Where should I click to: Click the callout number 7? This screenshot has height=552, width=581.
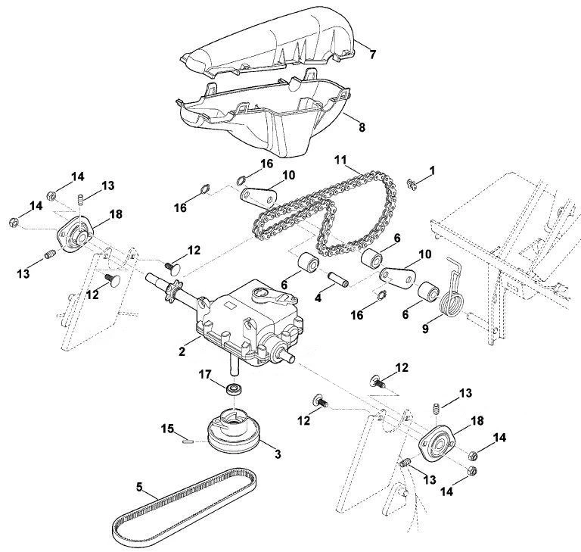(x=372, y=55)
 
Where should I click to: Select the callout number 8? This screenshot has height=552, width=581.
(x=362, y=127)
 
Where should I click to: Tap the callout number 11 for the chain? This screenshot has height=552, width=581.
(x=340, y=161)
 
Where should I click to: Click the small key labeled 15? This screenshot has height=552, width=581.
(x=188, y=441)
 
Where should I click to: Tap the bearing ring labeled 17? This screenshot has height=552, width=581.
(x=235, y=389)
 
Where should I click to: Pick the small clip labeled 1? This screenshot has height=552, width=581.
(x=411, y=184)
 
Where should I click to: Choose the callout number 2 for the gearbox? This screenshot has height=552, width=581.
(x=182, y=351)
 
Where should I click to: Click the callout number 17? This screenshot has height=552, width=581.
(x=205, y=375)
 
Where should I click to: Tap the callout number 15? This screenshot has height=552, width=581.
(x=167, y=429)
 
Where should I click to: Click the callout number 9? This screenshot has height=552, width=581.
(x=425, y=329)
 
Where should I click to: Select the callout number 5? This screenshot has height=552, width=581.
(x=139, y=487)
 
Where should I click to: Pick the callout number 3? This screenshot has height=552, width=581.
(x=278, y=454)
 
